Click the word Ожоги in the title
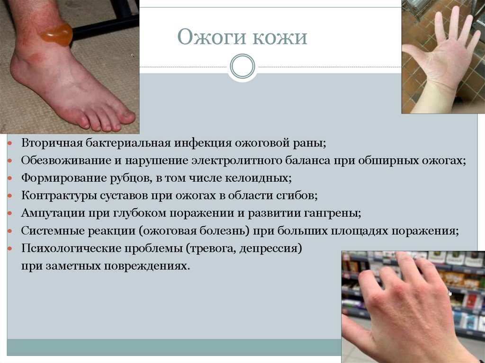tap(207, 37)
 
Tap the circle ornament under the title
tap(242, 66)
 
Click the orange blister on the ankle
tap(57, 34)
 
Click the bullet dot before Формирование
tap(10, 179)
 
